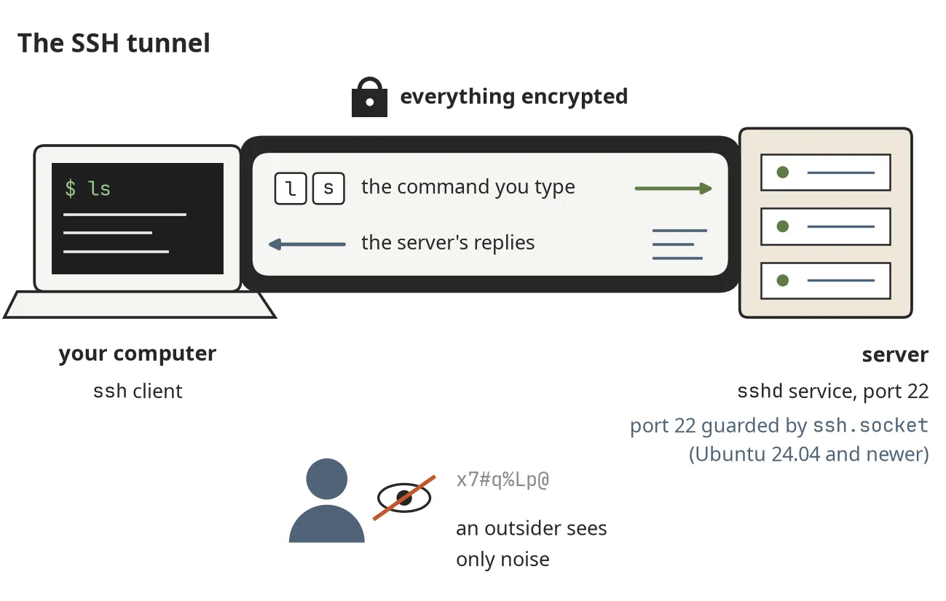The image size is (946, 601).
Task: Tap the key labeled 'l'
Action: [291, 188]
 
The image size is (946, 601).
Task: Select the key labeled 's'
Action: [328, 188]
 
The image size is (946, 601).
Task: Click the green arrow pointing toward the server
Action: [673, 188]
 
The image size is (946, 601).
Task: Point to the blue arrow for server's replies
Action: [307, 244]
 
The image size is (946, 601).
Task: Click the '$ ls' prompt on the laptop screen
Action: [88, 188]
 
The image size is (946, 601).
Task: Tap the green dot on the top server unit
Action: [783, 172]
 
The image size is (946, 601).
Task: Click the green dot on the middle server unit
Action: [783, 226]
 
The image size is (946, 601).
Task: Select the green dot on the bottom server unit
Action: [783, 280]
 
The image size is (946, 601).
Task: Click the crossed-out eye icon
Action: [404, 498]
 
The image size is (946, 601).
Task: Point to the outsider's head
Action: [326, 479]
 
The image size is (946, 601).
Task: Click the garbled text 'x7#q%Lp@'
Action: [502, 480]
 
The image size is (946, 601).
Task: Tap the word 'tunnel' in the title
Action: [168, 43]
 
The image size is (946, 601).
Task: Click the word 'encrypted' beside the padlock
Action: [575, 97]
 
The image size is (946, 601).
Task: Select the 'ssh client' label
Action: [138, 391]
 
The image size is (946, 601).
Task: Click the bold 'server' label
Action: [895, 354]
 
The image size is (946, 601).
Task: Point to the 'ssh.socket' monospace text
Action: [870, 426]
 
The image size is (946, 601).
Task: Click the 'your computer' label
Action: [137, 354]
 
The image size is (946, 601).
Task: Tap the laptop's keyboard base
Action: [140, 304]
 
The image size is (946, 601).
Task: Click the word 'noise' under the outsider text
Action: [527, 560]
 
